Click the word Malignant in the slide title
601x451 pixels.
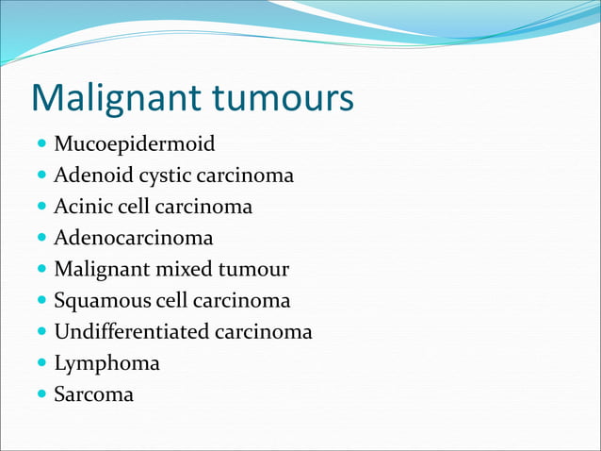tap(114, 99)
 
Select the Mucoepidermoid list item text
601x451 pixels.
tap(134, 144)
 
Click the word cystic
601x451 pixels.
tap(161, 176)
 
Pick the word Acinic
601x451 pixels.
tap(83, 207)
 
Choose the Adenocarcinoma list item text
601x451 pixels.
tap(133, 238)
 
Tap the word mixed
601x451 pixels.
tap(184, 269)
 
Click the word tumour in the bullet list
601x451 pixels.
tap(253, 269)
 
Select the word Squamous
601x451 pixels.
tap(100, 300)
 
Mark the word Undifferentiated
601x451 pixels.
tap(131, 332)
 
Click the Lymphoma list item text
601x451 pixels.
tap(106, 363)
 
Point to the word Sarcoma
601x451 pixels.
tap(93, 394)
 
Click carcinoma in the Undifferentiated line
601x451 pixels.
tap(263, 332)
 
